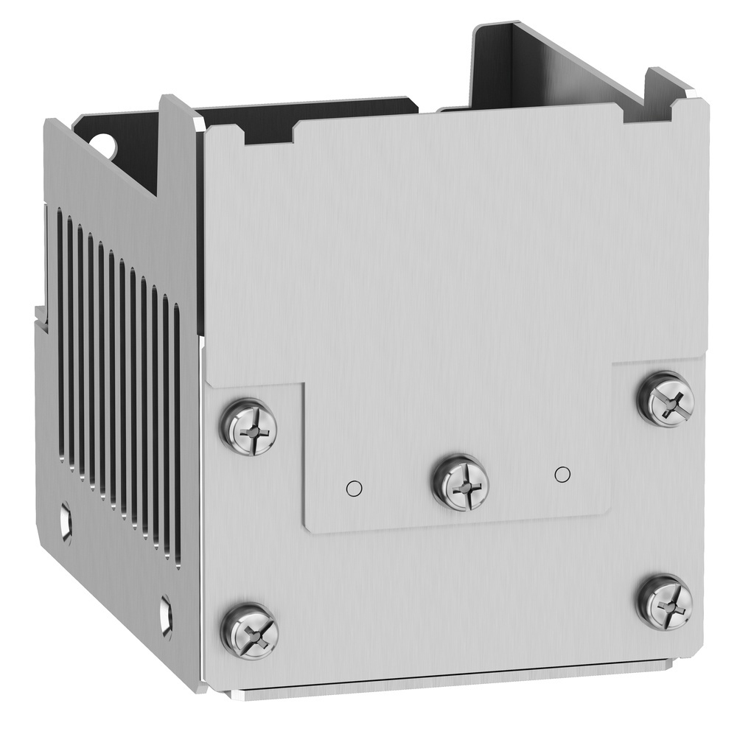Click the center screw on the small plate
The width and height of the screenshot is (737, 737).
(x=460, y=483)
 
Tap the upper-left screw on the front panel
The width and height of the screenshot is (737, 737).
(x=249, y=427)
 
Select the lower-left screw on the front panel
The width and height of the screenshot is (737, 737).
(x=249, y=632)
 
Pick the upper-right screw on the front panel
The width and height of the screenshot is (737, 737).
(x=666, y=399)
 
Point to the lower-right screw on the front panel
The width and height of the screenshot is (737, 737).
(x=665, y=602)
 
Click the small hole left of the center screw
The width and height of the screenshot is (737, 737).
(x=354, y=487)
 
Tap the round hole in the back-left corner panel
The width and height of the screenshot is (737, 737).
(x=108, y=144)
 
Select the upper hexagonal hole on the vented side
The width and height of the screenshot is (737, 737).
(x=66, y=523)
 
